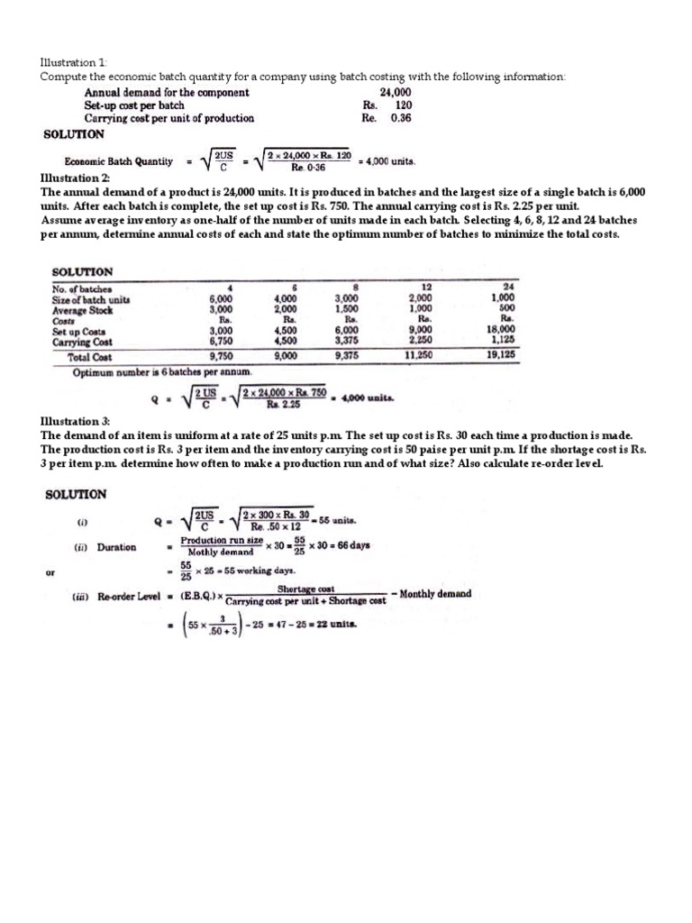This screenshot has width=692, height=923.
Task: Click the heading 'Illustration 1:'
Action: point(74,62)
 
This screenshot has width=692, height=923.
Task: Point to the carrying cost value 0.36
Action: point(399,118)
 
